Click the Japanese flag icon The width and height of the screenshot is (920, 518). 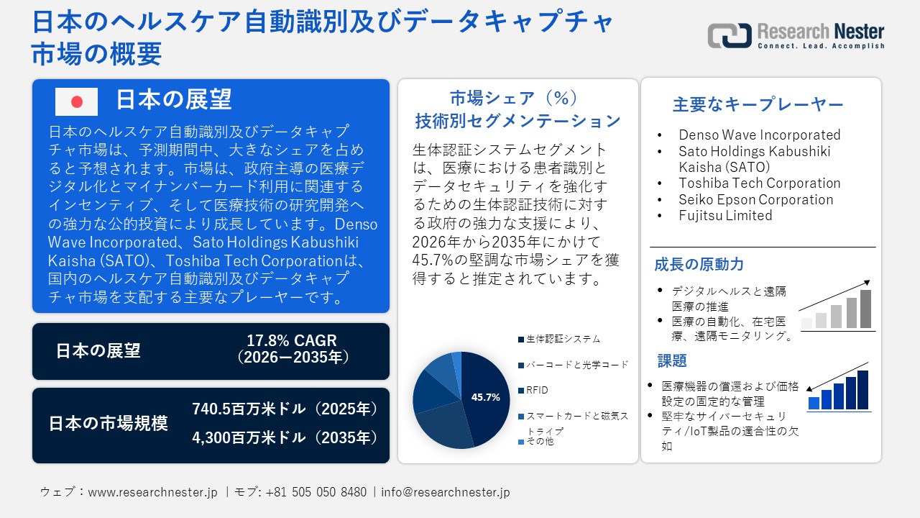tap(76, 101)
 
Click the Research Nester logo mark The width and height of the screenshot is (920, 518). tap(729, 35)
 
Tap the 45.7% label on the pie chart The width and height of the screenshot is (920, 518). tap(486, 396)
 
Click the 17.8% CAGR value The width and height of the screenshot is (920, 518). tap(292, 340)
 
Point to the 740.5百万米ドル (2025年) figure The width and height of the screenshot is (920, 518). tap(285, 409)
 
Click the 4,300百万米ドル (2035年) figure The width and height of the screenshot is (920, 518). tap(285, 437)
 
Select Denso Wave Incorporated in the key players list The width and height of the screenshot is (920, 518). tap(759, 135)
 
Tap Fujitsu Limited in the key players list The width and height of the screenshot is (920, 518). tap(725, 215)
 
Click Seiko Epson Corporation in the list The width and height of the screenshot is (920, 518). tap(755, 199)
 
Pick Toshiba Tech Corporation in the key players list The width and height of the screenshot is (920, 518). tap(759, 183)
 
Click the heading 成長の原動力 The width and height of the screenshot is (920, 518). tap(699, 264)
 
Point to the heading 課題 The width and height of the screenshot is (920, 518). tap(672, 360)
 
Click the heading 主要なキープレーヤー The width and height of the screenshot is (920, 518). tap(758, 104)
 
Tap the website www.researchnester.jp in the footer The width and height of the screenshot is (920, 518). tap(152, 492)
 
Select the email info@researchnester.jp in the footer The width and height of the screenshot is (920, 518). tap(446, 492)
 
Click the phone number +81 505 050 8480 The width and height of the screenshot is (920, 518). tap(316, 492)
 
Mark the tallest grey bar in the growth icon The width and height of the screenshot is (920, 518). tap(865, 309)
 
